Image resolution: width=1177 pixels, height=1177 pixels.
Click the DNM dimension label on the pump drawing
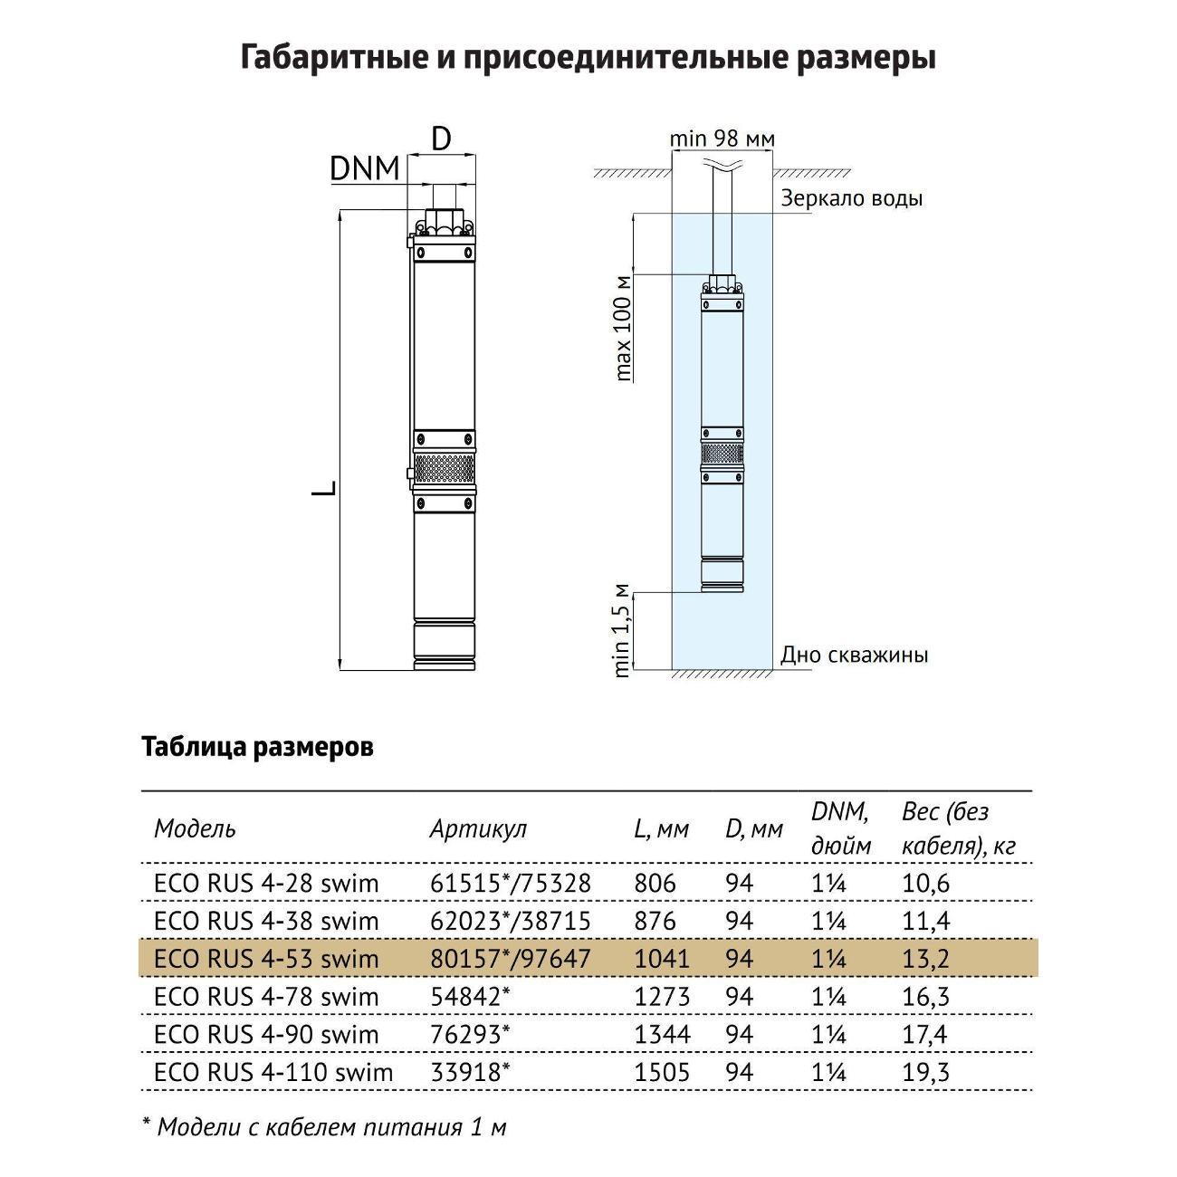pyautogui.click(x=364, y=168)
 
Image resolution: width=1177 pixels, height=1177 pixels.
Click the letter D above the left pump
pyautogui.click(x=441, y=139)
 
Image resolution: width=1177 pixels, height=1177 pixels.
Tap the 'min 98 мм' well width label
pyautogui.click(x=722, y=139)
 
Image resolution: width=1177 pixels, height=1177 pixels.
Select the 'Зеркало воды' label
pyautogui.click(x=851, y=198)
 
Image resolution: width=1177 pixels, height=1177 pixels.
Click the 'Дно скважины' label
pyautogui.click(x=854, y=655)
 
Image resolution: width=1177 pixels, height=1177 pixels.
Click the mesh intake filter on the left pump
pyautogui.click(x=444, y=469)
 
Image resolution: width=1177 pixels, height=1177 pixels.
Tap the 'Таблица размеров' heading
pyautogui.click(x=257, y=748)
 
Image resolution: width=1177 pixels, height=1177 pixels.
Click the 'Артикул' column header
pyautogui.click(x=477, y=828)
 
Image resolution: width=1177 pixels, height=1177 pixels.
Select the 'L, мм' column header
pyautogui.click(x=661, y=828)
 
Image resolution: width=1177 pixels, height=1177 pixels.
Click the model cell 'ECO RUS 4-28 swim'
pyautogui.click(x=266, y=883)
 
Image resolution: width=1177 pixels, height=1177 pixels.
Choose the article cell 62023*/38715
pyautogui.click(x=510, y=921)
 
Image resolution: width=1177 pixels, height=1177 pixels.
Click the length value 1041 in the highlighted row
pyautogui.click(x=662, y=959)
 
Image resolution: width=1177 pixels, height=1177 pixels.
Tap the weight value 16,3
pyautogui.click(x=925, y=997)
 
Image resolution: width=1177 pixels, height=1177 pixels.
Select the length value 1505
pyautogui.click(x=662, y=1073)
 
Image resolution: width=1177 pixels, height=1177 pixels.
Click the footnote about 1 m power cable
pyautogui.click(x=324, y=1127)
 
